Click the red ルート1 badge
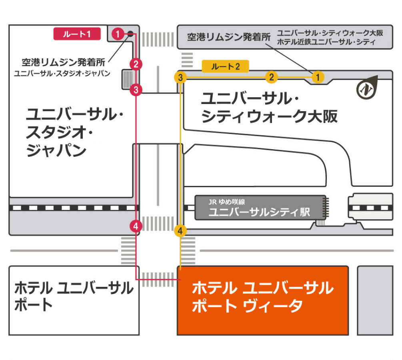[x=77, y=34]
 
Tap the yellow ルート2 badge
[x=225, y=66]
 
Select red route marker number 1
[x=118, y=34]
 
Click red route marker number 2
[x=136, y=64]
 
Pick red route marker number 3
[x=136, y=90]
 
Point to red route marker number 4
[x=136, y=226]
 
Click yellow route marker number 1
[x=318, y=77]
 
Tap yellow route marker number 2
[x=272, y=77]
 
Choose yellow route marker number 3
[x=180, y=77]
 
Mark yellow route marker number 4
[x=181, y=231]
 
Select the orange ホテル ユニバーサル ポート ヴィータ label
[x=262, y=297]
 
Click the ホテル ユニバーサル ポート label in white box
[x=74, y=296]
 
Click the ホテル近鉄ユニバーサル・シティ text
[x=326, y=42]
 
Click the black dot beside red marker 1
[x=130, y=34]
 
